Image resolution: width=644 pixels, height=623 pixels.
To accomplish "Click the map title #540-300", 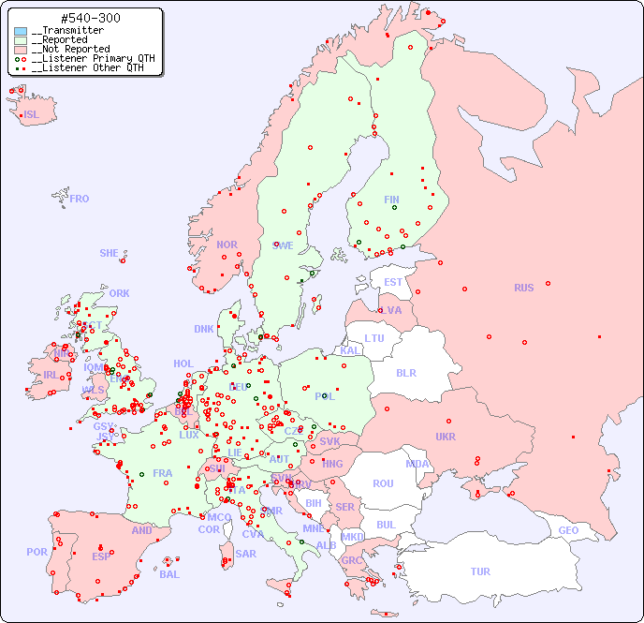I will pyautogui.click(x=90, y=19).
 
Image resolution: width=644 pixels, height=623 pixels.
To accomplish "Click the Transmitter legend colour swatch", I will pyautogui.click(x=21, y=31).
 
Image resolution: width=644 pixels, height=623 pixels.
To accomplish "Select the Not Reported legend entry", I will pyautogui.click(x=70, y=49).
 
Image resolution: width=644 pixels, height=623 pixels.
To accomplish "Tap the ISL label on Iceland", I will pyautogui.click(x=32, y=115).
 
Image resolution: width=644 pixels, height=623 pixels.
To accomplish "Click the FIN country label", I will pyautogui.click(x=391, y=200).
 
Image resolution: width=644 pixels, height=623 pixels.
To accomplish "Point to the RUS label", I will pyautogui.click(x=523, y=288).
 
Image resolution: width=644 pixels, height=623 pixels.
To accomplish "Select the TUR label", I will pyautogui.click(x=480, y=571).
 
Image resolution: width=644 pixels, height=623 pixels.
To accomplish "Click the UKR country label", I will pyautogui.click(x=446, y=437).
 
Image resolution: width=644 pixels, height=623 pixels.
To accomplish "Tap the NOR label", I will pyautogui.click(x=227, y=245).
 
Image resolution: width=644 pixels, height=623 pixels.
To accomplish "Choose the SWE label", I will pyautogui.click(x=283, y=245).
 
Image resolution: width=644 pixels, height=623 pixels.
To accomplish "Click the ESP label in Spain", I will pyautogui.click(x=101, y=556).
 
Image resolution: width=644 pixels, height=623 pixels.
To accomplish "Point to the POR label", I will pyautogui.click(x=37, y=552).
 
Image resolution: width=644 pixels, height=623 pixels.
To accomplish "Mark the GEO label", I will pyautogui.click(x=568, y=530).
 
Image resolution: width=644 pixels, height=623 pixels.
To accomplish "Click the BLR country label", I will pyautogui.click(x=405, y=372).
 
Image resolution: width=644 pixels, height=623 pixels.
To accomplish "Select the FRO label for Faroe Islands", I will pyautogui.click(x=79, y=199).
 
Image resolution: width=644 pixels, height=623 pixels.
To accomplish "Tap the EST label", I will pyautogui.click(x=393, y=282).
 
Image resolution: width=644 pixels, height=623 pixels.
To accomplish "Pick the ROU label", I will pyautogui.click(x=383, y=483).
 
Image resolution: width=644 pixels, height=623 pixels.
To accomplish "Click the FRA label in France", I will pyautogui.click(x=163, y=473).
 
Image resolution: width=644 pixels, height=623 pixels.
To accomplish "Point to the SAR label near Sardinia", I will pyautogui.click(x=245, y=554).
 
